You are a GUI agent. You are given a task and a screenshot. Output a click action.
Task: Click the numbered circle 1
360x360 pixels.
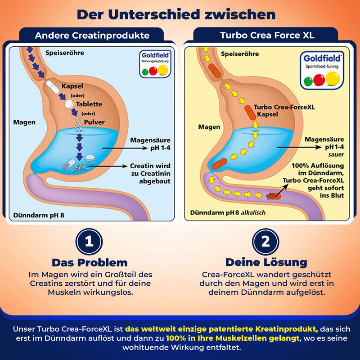coord(89,242)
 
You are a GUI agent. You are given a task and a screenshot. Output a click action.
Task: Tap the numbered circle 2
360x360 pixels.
coord(265,242)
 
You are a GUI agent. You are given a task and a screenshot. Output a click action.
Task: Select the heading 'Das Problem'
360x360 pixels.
coord(90,263)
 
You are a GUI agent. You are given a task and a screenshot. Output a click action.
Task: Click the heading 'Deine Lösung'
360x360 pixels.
coord(266,262)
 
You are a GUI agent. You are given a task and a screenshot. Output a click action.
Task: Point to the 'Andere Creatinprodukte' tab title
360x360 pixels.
coord(92,36)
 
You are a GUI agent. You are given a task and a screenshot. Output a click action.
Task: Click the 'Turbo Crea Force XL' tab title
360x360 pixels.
coord(267,36)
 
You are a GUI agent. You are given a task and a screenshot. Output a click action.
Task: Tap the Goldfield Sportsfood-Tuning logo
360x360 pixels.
coord(322,71)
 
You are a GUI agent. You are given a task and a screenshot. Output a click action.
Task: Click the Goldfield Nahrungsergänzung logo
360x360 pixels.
coord(155,64)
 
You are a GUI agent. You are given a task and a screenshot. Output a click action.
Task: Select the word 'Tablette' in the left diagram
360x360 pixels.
coord(89,104)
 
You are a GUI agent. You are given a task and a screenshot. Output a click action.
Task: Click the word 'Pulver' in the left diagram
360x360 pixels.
coord(94,122)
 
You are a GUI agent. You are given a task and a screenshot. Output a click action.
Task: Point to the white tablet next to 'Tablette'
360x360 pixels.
coord(69,104)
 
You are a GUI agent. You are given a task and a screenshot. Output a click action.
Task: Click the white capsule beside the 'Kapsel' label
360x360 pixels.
coord(53,87)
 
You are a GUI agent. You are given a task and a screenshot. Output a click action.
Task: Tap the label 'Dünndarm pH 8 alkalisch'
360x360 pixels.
coord(228,212)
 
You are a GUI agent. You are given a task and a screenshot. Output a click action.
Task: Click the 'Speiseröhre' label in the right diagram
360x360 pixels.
coord(240,54)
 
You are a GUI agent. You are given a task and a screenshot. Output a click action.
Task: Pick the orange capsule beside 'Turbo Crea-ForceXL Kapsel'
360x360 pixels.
coord(250,113)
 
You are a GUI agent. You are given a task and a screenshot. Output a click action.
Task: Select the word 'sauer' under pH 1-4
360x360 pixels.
coord(336,154)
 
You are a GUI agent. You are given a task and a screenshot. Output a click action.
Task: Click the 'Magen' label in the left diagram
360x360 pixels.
coord(24,122)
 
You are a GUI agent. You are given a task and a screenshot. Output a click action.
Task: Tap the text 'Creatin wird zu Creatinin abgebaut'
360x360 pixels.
coord(150,173)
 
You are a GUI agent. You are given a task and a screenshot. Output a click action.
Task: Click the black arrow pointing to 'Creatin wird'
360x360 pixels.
coord(108,166)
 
